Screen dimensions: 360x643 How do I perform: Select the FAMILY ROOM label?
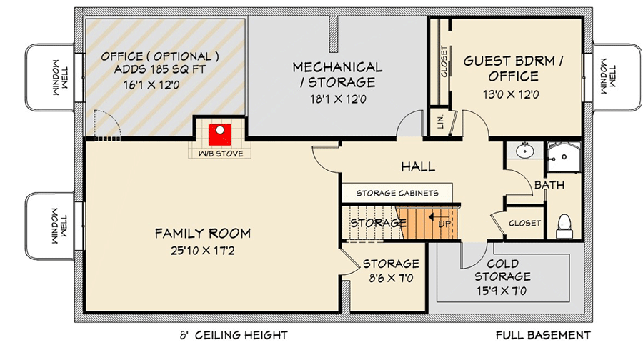coord(203,233)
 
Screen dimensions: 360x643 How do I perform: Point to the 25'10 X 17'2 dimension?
coord(203,250)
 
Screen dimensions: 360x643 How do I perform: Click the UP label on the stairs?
coord(443,224)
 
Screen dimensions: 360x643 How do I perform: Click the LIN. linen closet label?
coord(437,122)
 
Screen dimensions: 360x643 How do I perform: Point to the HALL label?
coord(418,166)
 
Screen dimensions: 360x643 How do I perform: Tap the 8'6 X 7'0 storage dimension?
coord(391,279)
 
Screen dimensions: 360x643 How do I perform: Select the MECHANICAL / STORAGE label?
coord(337,75)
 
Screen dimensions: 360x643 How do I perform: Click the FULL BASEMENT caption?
coord(543,334)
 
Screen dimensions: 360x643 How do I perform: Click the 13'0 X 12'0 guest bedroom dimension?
coord(511,93)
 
